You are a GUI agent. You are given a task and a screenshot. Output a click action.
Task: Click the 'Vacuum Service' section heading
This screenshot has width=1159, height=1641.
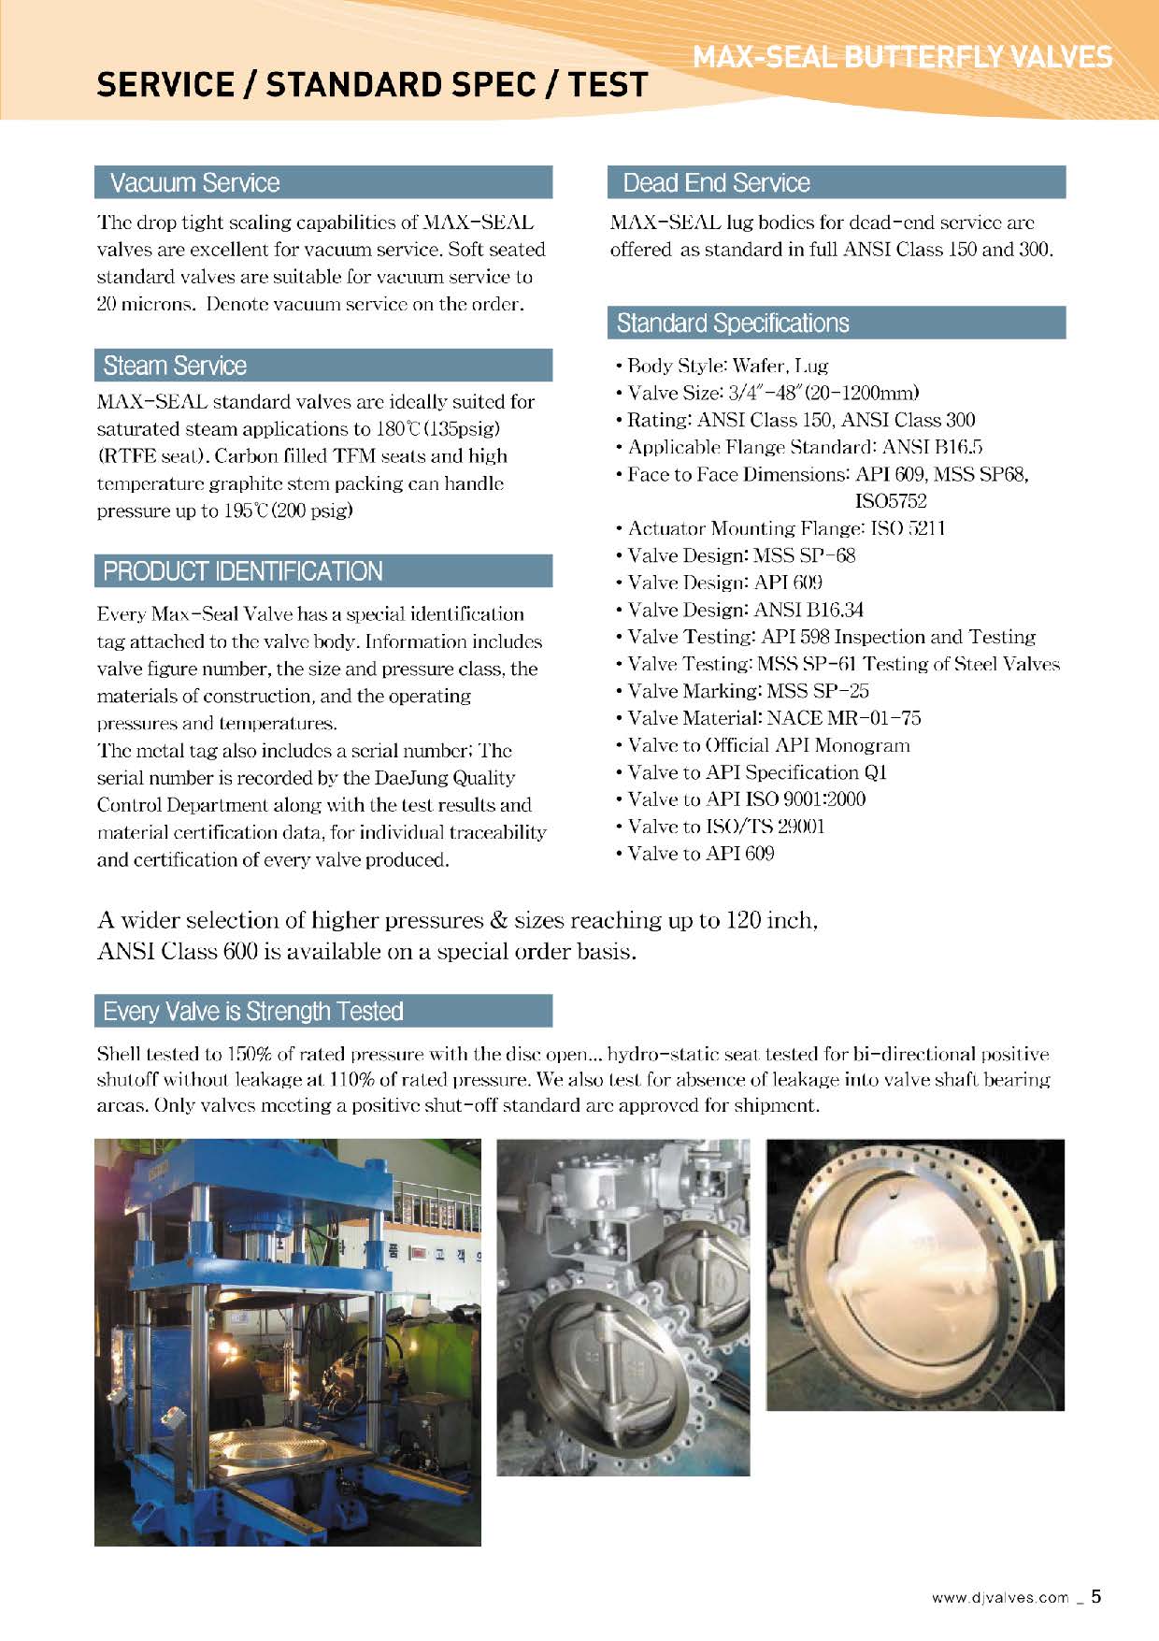(194, 182)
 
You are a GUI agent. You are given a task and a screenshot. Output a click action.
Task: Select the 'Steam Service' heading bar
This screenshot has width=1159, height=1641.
(175, 366)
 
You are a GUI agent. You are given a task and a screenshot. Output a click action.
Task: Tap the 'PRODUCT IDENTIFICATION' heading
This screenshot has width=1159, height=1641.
(243, 571)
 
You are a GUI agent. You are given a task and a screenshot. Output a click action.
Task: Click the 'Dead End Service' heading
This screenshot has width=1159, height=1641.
(716, 182)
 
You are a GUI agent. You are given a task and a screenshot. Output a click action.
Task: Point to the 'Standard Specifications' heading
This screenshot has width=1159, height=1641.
(733, 324)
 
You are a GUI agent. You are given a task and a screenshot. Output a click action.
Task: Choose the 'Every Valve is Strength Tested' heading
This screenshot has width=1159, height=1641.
(253, 1012)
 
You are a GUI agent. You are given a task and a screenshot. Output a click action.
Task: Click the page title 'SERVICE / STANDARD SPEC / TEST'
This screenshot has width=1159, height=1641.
(372, 85)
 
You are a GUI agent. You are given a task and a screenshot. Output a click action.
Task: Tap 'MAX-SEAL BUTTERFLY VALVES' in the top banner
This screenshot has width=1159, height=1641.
(902, 57)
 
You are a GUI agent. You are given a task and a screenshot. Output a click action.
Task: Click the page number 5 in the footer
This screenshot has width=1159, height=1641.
(1096, 1596)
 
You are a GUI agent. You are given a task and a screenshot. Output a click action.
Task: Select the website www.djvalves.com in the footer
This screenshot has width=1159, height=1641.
(999, 1598)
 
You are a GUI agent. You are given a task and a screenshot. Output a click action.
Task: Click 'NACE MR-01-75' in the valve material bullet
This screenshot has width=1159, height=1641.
(843, 718)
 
